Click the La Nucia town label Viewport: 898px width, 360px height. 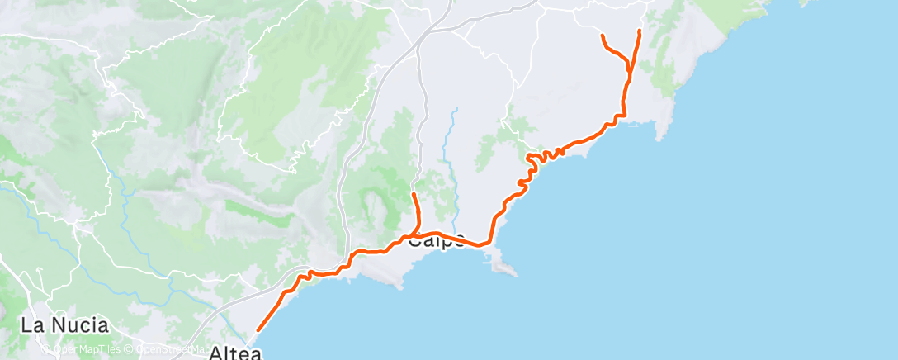(x=54, y=324)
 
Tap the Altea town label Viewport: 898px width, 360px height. (x=235, y=353)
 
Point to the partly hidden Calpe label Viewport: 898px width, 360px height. (x=437, y=242)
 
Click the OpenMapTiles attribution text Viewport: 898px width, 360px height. (x=83, y=348)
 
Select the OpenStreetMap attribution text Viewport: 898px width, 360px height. (x=164, y=348)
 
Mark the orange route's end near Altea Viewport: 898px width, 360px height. (x=258, y=330)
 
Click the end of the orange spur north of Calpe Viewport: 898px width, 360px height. (x=413, y=194)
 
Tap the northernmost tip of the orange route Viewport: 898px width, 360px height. (x=640, y=30)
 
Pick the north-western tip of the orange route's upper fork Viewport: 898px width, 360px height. (x=602, y=35)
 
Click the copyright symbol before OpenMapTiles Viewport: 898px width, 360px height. (x=46, y=348)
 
